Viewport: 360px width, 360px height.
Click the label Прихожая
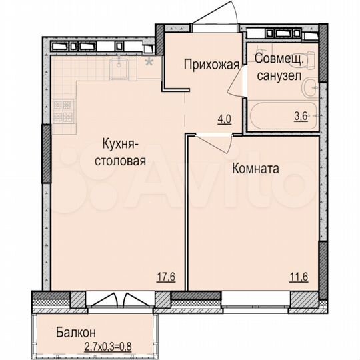tap(210, 65)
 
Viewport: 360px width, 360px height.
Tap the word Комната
tap(255, 169)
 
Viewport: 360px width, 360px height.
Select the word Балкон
tap(77, 331)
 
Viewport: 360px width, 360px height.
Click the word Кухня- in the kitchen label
tap(120, 144)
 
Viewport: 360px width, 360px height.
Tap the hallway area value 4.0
tap(223, 120)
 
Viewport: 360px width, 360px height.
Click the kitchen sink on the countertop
tap(122, 65)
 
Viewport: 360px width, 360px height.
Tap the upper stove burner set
tap(62, 104)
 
